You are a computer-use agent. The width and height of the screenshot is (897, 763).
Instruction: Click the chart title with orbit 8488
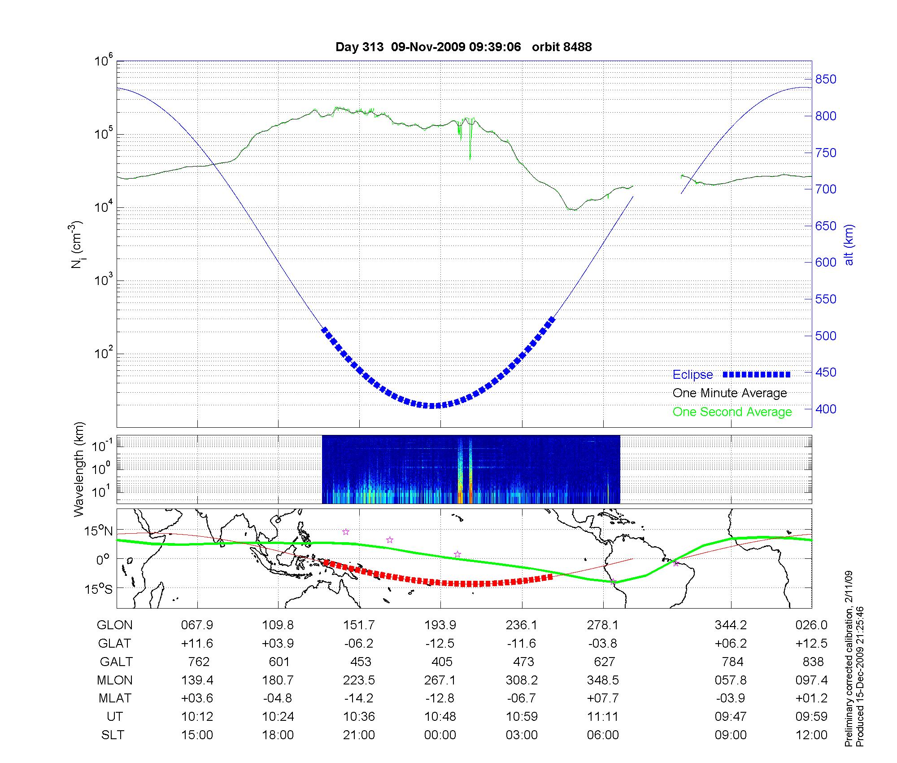[x=463, y=47]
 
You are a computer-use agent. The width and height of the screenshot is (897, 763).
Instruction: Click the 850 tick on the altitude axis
[x=826, y=79]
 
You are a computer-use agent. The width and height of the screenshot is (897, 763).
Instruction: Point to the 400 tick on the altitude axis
[x=826, y=409]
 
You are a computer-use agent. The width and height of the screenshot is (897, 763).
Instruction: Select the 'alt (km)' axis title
[x=849, y=245]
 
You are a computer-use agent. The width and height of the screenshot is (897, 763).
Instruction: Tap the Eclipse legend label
[x=692, y=375]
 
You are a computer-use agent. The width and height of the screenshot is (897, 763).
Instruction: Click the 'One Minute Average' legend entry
[x=730, y=393]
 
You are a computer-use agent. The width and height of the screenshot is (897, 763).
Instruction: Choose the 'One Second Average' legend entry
[x=732, y=412]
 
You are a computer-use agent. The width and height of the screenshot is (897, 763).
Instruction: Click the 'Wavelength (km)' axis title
[x=79, y=469]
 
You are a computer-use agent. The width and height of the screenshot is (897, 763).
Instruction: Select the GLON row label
[x=115, y=625]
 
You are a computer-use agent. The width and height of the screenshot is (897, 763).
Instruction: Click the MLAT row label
[x=115, y=698]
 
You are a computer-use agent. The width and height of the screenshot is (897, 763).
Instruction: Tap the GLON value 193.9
[x=440, y=625]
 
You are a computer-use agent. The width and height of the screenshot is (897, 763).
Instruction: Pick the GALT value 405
[x=442, y=662]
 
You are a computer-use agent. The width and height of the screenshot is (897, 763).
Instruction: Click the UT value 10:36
[x=359, y=716]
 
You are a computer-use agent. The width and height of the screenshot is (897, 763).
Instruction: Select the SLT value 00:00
[x=440, y=735]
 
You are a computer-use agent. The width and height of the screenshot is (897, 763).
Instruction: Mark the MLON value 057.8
[x=731, y=680]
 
